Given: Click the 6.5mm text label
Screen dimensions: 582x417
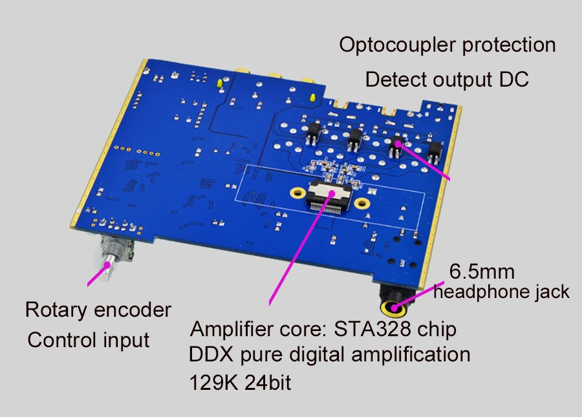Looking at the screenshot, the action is click(482, 272).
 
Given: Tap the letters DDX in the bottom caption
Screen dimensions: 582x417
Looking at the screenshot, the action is click(211, 354).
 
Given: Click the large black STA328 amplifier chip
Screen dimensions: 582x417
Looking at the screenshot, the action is click(328, 197).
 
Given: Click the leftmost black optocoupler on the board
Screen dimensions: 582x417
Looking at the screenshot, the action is click(314, 133).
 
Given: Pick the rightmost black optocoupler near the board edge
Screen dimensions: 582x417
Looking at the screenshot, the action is click(434, 152).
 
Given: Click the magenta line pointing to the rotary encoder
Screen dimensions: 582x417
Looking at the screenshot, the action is click(98, 275).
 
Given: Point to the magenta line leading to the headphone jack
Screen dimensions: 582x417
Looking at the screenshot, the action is click(418, 295).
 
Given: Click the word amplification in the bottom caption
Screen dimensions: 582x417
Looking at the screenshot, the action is click(411, 355).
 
